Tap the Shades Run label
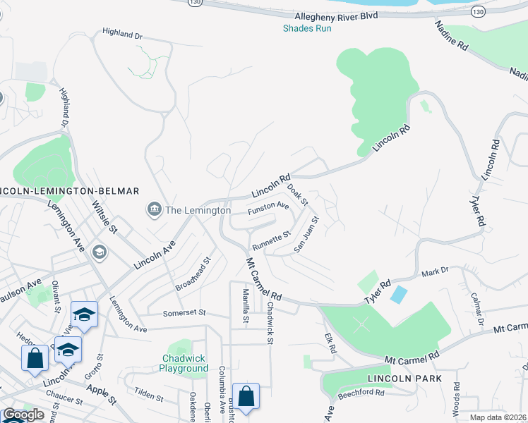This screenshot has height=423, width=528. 306,28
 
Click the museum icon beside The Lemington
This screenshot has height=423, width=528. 153,209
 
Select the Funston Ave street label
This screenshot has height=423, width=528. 268,208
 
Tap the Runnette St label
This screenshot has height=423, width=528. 272,240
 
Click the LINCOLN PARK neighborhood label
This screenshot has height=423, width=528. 404,379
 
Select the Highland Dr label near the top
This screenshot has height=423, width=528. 122,33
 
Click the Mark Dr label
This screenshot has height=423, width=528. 436,271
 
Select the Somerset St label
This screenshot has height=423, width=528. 184,313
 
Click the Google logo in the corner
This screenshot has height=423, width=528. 23,414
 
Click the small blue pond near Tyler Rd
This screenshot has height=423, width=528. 398,295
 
